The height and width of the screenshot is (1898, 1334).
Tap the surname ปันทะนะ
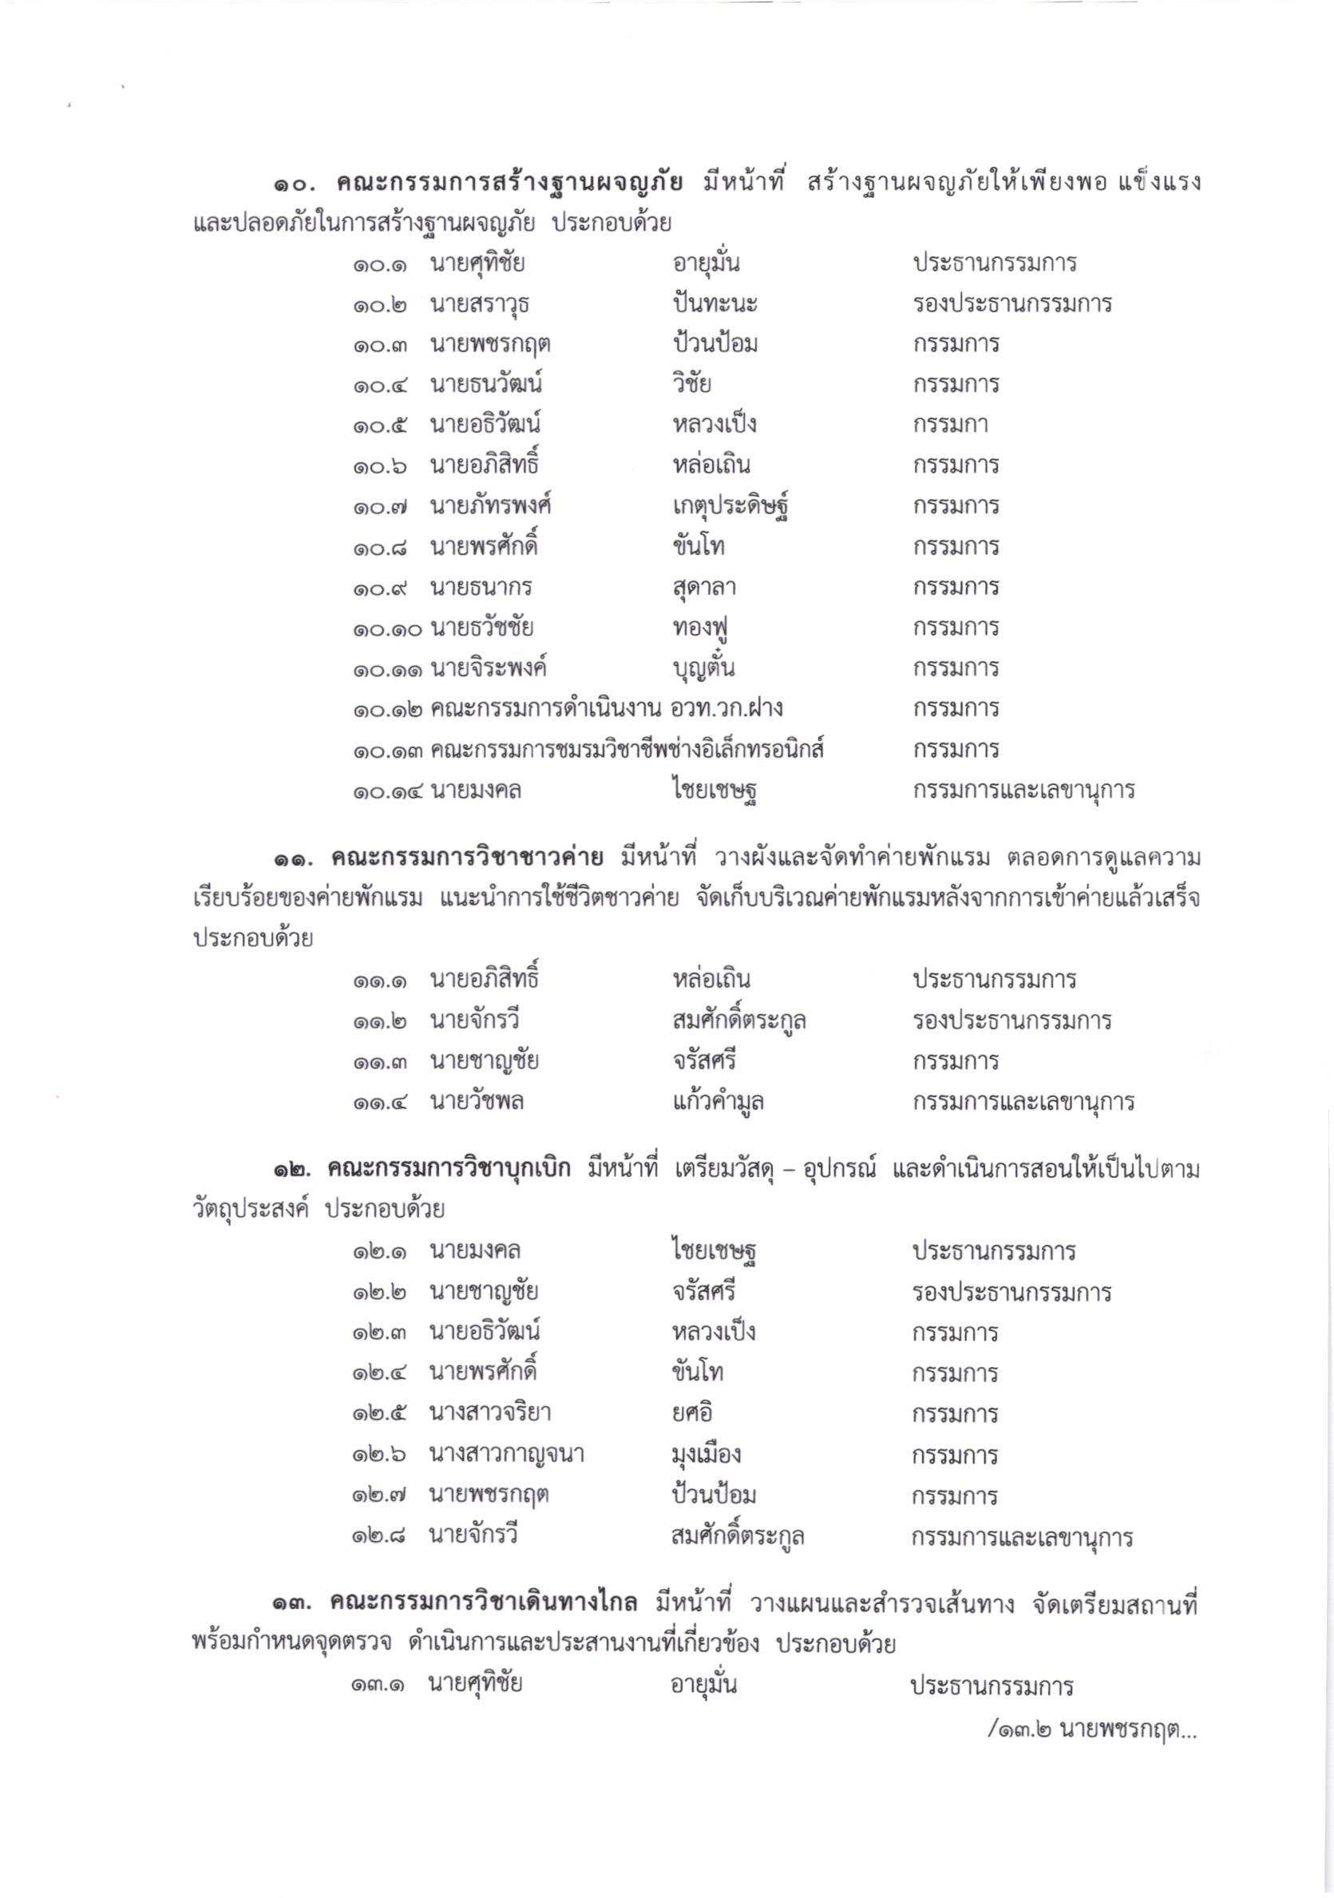[715, 304]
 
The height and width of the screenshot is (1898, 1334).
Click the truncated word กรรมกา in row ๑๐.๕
[950, 426]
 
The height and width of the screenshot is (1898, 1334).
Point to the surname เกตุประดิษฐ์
[733, 507]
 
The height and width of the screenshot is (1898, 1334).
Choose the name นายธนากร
[481, 588]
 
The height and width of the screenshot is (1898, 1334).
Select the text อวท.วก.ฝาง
[727, 708]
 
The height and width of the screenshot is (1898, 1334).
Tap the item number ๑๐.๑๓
[389, 751]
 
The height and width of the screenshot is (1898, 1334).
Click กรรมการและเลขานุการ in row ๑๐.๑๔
[1023, 791]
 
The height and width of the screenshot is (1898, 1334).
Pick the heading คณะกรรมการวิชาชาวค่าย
[467, 859]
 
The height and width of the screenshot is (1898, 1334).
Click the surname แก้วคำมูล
[718, 1102]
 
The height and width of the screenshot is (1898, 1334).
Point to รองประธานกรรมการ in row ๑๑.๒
[1011, 1021]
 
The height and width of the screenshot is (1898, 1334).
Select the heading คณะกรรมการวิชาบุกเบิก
[449, 1170]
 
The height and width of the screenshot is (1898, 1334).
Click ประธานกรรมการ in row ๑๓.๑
[991, 1685]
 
